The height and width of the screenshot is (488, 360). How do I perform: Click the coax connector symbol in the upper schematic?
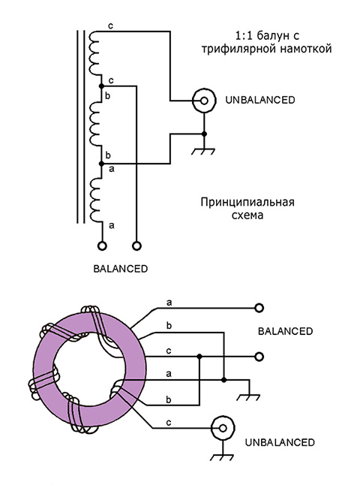click(202, 100)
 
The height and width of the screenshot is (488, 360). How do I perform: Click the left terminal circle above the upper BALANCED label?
click(102, 245)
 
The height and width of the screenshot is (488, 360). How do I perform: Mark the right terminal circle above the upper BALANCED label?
click(137, 245)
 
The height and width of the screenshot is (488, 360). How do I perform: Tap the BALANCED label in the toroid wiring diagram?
click(284, 331)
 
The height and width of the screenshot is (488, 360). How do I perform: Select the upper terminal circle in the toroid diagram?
click(259, 308)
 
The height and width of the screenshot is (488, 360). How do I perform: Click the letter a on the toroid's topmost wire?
click(169, 302)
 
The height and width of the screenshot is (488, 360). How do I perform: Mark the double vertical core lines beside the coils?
click(78, 128)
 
